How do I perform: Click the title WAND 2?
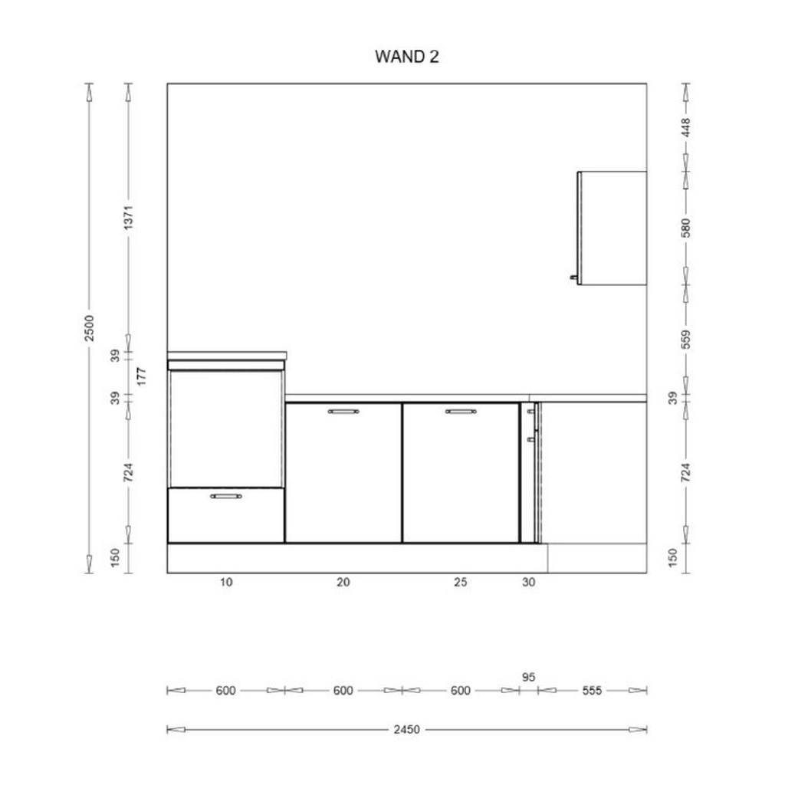[406, 57]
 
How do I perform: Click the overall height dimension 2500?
[89, 328]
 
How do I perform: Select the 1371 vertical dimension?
[129, 218]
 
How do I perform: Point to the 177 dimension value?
[142, 376]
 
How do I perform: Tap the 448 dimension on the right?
[686, 128]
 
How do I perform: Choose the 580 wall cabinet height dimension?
[686, 228]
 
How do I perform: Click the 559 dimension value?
[686, 340]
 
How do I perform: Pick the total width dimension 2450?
[406, 730]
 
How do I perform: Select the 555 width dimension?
[592, 691]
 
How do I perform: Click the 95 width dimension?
[529, 677]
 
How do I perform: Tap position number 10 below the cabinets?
[226, 583]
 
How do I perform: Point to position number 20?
[343, 583]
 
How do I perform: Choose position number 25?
[461, 583]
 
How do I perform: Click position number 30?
[529, 583]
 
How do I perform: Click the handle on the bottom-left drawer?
[226, 496]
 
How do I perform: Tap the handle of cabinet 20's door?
[343, 412]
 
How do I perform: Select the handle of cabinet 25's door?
[461, 412]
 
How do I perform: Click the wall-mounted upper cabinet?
[612, 228]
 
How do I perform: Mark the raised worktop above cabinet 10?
[227, 356]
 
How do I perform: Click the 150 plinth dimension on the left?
[115, 558]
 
